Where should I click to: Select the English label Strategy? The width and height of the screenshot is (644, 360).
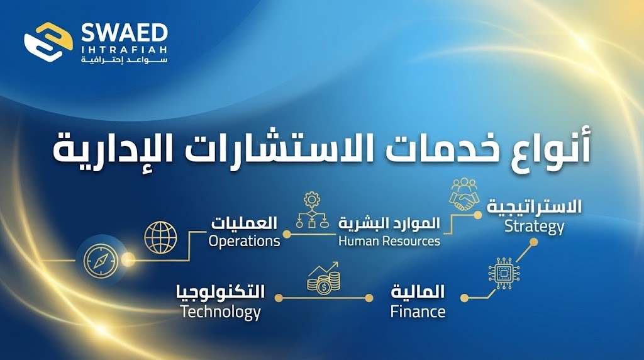click(x=535, y=226)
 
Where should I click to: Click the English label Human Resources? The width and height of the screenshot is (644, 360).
click(x=389, y=240)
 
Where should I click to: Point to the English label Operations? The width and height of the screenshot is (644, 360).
click(x=244, y=240)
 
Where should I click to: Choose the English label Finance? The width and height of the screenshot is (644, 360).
click(x=418, y=312)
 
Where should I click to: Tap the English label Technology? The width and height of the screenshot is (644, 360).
click(x=220, y=312)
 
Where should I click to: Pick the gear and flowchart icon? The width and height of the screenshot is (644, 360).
click(x=313, y=210)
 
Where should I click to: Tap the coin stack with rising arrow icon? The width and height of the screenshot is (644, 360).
click(x=324, y=279)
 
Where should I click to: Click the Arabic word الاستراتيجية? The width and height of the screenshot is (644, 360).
click(x=534, y=207)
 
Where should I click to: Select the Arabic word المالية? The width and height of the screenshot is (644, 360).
click(x=418, y=292)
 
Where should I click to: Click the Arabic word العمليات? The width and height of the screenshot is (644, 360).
click(x=245, y=222)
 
